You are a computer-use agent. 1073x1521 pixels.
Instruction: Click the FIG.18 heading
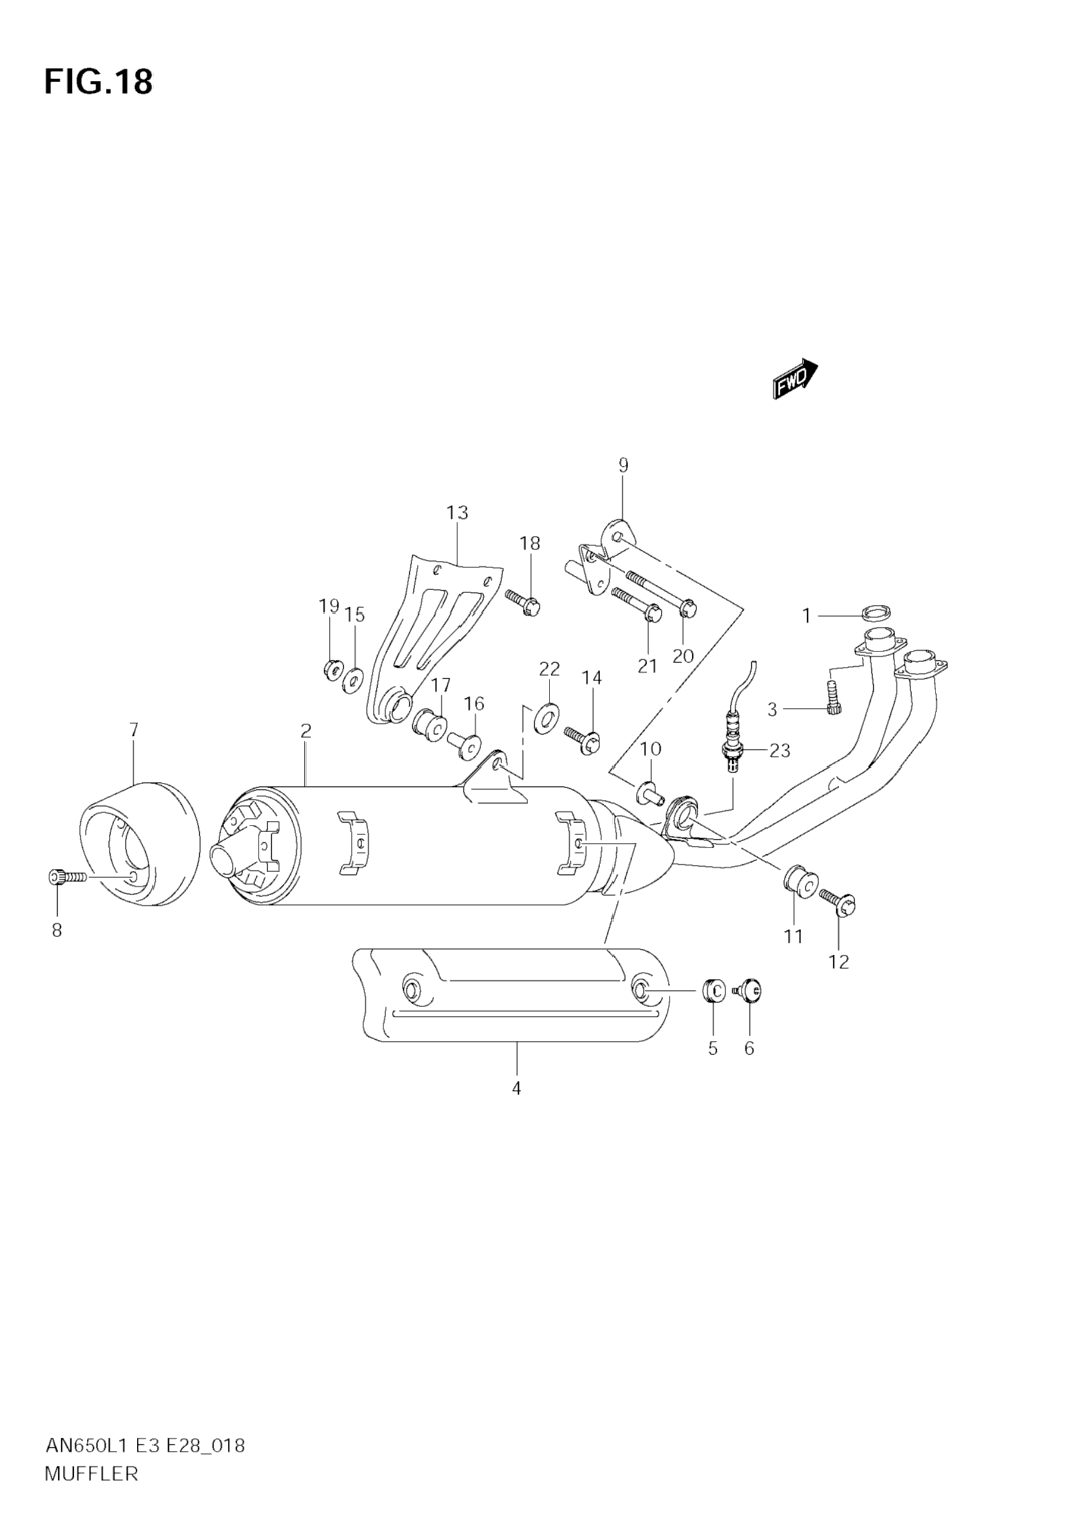coord(98,82)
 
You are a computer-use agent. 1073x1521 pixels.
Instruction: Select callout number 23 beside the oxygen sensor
coord(780,751)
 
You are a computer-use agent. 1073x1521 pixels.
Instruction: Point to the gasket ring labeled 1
coord(877,613)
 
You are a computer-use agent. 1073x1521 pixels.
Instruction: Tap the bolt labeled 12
coord(839,902)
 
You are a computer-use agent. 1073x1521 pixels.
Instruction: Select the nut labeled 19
coord(331,670)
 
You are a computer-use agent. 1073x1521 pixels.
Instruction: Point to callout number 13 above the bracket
coord(457,513)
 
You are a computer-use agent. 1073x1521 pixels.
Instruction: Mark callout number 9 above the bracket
coord(623,465)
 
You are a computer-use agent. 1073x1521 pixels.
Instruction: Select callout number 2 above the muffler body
coord(305,730)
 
